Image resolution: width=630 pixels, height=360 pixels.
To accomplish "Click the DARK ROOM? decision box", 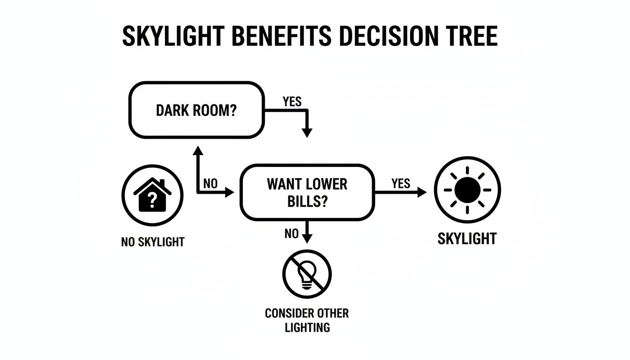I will (x=196, y=110).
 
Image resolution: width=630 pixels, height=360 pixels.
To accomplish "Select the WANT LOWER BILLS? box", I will (x=307, y=192).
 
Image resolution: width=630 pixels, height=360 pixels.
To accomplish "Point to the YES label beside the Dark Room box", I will (x=292, y=102).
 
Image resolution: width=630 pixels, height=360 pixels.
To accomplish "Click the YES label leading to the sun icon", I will (x=400, y=183).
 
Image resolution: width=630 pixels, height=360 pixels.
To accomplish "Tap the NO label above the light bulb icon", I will (x=291, y=233).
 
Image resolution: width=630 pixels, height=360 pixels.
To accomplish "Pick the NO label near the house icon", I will (x=210, y=184).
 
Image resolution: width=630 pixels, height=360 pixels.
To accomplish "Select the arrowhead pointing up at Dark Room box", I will (x=197, y=150).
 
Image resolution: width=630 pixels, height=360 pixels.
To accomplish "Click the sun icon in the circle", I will (x=467, y=190).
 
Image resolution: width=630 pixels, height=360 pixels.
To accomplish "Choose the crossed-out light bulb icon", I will (x=307, y=274).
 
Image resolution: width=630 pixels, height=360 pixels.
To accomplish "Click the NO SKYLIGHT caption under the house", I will (x=153, y=242).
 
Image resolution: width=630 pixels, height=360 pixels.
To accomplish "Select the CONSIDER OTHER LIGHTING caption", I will (x=307, y=320).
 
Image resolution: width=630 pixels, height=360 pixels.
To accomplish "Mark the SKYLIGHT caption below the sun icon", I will (x=467, y=239).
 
